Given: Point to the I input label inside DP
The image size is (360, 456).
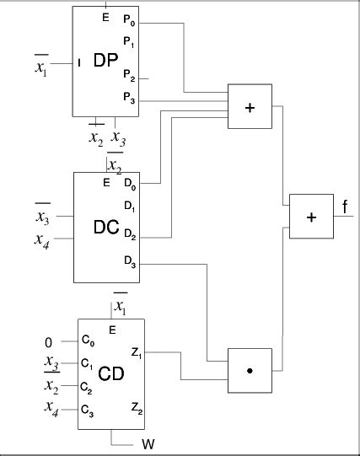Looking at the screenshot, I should (x=78, y=62).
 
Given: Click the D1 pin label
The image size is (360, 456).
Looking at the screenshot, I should (x=128, y=205).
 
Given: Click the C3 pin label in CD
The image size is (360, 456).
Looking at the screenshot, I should (x=87, y=410).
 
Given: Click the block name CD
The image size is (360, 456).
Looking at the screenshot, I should (x=112, y=373).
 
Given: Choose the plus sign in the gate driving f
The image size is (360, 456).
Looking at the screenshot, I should (x=311, y=217).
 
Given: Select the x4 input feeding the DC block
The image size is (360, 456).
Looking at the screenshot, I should (x=40, y=239).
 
